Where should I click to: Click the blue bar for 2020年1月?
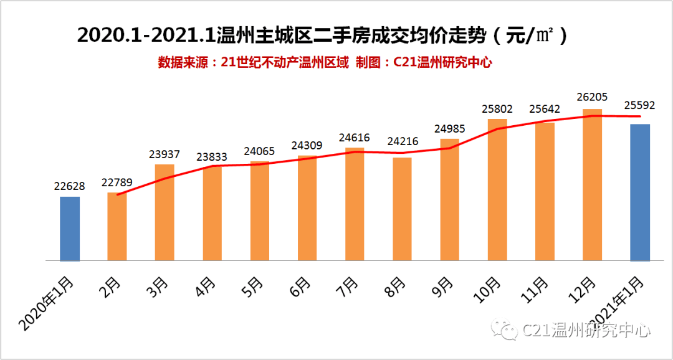70,229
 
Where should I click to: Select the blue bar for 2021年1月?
640,192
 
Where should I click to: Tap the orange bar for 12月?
592,185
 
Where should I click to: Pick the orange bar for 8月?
402,209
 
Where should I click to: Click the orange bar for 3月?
165,212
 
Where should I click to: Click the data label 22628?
70,186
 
